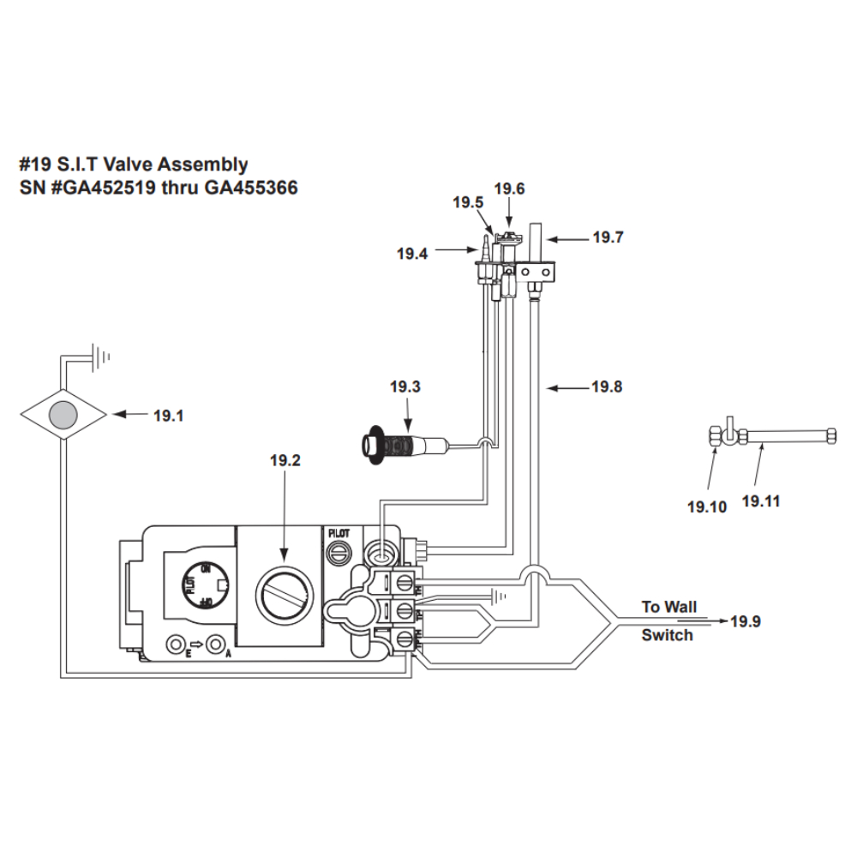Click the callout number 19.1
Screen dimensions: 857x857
tap(168, 416)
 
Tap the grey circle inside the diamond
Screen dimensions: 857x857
tap(63, 415)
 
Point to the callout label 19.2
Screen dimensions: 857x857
tap(285, 461)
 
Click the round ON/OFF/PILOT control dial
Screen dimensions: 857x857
tap(202, 586)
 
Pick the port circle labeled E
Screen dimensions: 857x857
tap(177, 644)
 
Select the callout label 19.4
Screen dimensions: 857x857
tap(411, 254)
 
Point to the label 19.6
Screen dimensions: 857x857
tap(509, 189)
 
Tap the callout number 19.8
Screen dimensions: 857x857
tap(607, 387)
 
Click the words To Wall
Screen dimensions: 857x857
tap(669, 607)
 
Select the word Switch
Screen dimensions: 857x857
tap(667, 635)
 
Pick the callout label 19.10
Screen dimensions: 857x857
tap(706, 506)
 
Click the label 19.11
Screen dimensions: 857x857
tap(761, 501)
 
